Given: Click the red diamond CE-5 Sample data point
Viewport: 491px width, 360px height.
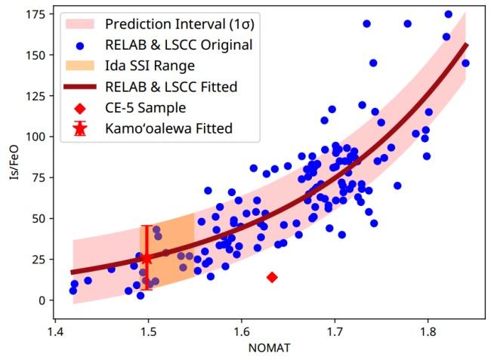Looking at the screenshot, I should click(272, 278).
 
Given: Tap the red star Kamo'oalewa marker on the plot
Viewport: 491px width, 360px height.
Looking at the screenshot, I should click(147, 258).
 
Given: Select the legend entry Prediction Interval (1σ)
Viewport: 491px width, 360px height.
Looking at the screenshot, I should click(190, 23).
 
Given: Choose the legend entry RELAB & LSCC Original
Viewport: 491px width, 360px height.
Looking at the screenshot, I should click(189, 45).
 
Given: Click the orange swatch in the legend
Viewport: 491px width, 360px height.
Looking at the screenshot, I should click(79, 66).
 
